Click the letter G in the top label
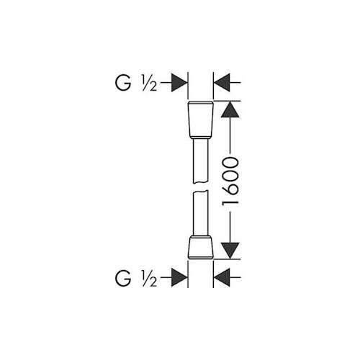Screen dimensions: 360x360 point(123,83)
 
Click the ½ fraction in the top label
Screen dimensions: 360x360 point(149,84)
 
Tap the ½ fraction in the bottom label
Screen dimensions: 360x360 point(149,279)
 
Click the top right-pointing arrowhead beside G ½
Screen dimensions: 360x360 point(179,83)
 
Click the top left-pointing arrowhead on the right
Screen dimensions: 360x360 point(222,83)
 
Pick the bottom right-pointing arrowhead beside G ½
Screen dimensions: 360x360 point(179,278)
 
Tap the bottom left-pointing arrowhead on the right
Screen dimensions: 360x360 point(222,278)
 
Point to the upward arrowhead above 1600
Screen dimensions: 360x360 point(230,109)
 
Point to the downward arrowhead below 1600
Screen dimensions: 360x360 point(230,251)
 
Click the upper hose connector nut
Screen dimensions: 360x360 point(200,120)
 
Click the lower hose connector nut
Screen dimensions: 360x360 point(200,248)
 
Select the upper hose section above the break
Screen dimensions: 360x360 point(200,161)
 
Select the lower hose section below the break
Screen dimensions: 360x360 point(200,214)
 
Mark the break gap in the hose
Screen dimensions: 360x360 point(200,188)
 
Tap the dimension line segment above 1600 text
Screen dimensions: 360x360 point(230,136)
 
